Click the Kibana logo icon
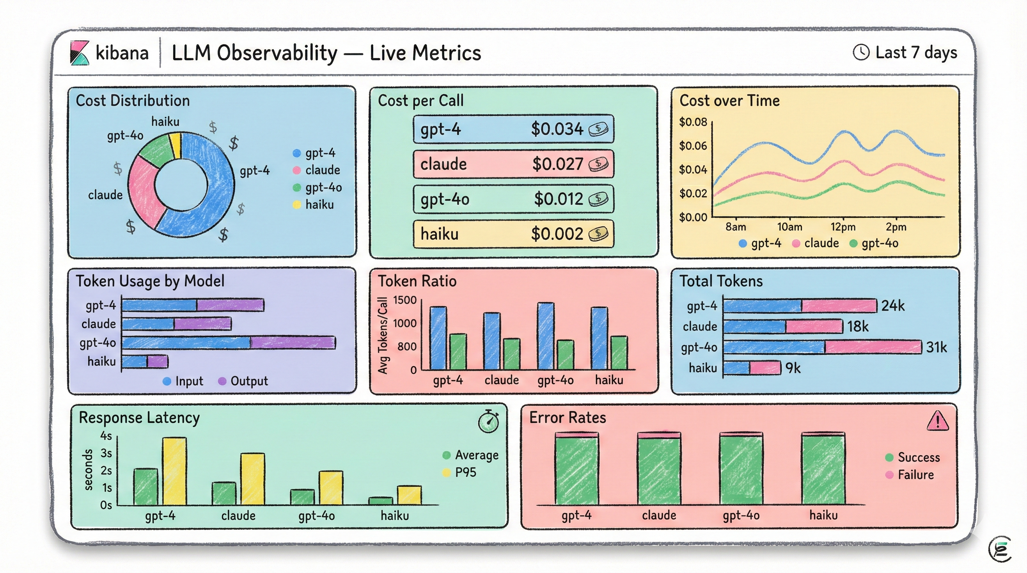click(x=79, y=53)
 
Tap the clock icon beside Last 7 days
click(x=861, y=53)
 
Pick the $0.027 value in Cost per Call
click(x=558, y=164)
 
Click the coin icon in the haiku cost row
click(x=599, y=234)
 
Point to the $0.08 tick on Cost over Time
click(x=693, y=122)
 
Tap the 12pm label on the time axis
click(x=843, y=227)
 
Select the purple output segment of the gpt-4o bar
click(x=293, y=343)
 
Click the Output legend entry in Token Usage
click(x=243, y=381)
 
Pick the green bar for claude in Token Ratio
click(x=512, y=354)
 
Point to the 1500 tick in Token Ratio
click(x=405, y=300)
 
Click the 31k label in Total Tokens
click(x=936, y=347)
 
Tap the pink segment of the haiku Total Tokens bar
click(x=765, y=368)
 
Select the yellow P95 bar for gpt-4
click(x=174, y=471)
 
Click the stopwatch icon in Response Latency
click(x=488, y=421)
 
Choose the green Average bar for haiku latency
click(x=380, y=501)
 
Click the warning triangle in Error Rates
click(x=938, y=421)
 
